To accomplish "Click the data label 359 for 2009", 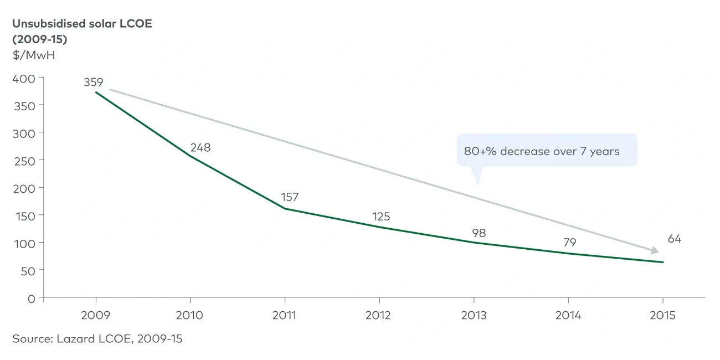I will pos(94,82).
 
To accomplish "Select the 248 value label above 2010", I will pos(200,148).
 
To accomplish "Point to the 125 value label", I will pos(380,217).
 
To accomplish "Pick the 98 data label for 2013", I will pos(479,233).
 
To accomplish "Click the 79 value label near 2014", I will pos(570,243).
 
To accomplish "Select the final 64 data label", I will pos(675,239).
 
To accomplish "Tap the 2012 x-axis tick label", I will pos(379,315).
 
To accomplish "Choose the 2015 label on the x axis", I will pos(662,315).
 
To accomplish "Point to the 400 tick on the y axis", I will pos(24,78).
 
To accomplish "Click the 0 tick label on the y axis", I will pos(32,299).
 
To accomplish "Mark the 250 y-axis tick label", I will pos(24,161).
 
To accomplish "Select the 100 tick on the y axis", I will pos(24,243).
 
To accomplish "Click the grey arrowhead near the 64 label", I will pos(657,250).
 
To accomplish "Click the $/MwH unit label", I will pos(34,55).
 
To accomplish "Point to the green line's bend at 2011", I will pos(285,209).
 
